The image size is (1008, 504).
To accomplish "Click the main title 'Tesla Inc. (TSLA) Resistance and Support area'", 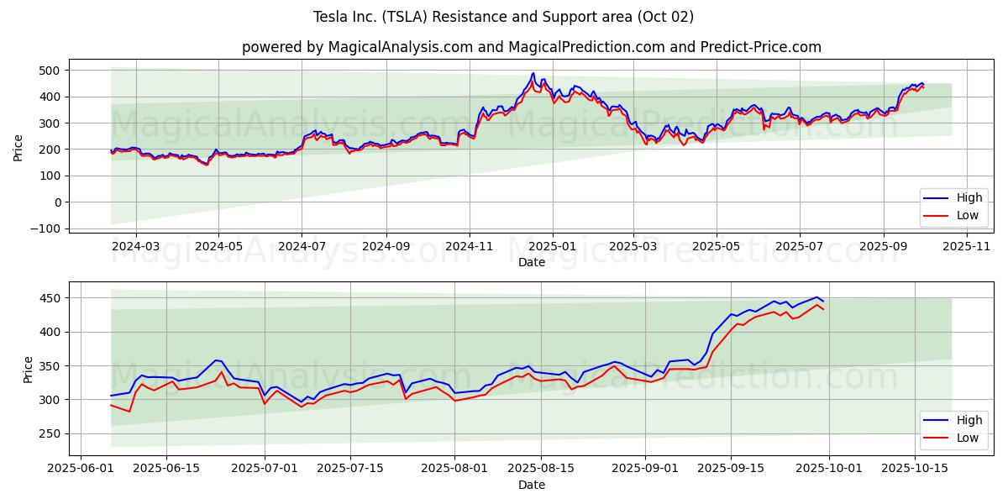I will [x=503, y=17].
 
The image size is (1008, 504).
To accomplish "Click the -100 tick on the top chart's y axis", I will [x=48, y=228].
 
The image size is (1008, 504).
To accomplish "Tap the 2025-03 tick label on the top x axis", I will [x=633, y=247].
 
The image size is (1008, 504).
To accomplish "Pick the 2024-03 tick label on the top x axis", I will [x=136, y=247].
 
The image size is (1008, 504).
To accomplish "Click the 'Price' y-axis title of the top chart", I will [x=18, y=147].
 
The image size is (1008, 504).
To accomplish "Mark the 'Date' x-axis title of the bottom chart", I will [x=531, y=485].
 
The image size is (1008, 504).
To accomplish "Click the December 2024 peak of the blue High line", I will [x=533, y=73].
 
